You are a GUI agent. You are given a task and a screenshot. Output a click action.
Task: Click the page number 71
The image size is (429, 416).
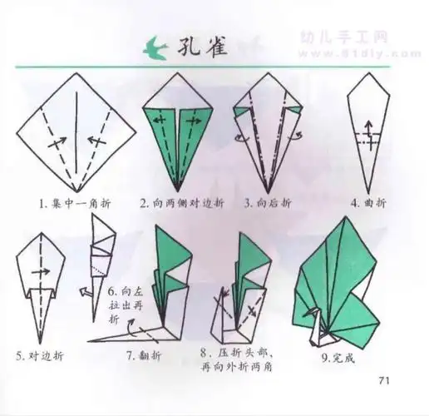(x=384, y=382)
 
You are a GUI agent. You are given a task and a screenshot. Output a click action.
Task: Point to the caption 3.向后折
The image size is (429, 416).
(x=267, y=202)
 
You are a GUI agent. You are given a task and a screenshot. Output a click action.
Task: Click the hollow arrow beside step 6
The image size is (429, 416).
(x=85, y=293)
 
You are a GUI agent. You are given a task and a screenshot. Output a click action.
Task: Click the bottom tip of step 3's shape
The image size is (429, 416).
(x=267, y=188)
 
